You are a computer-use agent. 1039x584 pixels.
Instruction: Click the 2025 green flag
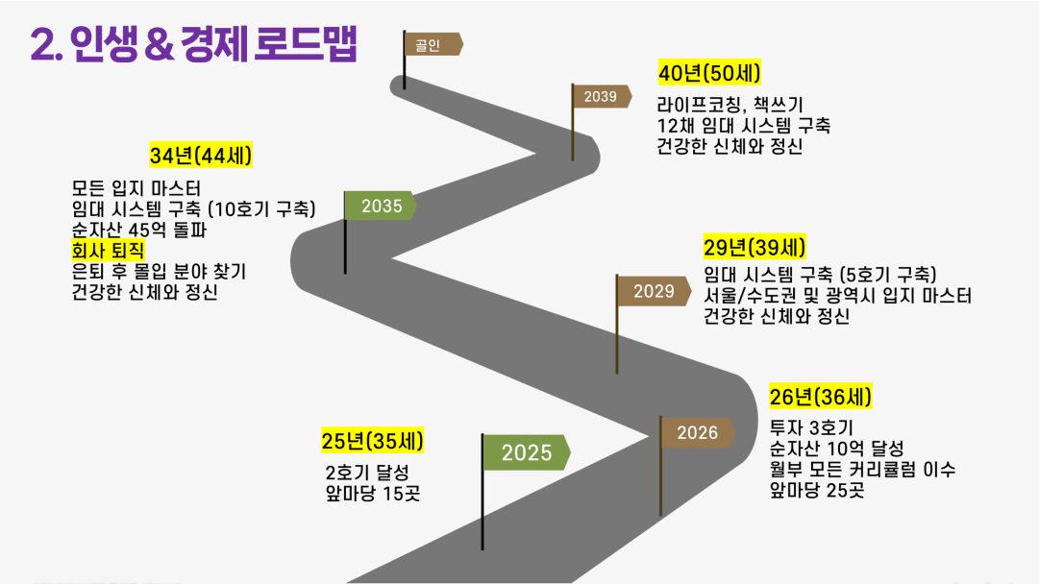click(526, 453)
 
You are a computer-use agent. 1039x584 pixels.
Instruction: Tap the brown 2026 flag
click(697, 433)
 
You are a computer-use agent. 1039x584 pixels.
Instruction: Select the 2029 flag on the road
click(654, 291)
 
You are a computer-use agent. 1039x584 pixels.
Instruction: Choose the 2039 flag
click(601, 97)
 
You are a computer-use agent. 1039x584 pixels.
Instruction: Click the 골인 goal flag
click(432, 44)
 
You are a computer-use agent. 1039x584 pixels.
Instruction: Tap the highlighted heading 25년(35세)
click(372, 441)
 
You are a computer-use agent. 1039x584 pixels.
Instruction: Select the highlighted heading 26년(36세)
click(820, 397)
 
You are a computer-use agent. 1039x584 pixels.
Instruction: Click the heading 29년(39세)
click(755, 248)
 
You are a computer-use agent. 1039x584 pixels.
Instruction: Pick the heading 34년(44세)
click(201, 156)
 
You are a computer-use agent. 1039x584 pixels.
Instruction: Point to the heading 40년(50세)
click(709, 73)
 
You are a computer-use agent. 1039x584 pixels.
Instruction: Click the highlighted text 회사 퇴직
click(108, 251)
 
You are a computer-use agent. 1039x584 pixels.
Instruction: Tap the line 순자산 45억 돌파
click(139, 230)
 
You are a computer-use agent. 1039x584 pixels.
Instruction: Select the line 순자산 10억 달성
click(837, 449)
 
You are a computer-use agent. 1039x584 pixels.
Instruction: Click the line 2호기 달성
click(367, 473)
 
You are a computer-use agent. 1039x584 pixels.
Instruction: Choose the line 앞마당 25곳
click(817, 490)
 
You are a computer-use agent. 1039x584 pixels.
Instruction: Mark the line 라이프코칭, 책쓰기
click(730, 105)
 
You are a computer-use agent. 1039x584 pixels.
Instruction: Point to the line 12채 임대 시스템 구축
click(744, 125)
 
